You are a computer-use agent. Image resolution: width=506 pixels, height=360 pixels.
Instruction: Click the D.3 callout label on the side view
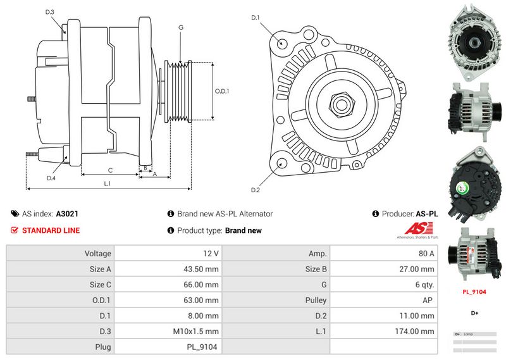pyautogui.click(x=50, y=12)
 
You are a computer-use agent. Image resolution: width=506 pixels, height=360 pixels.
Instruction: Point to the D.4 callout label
pyautogui.click(x=51, y=178)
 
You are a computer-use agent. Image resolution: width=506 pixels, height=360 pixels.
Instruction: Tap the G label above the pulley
pyautogui.click(x=181, y=27)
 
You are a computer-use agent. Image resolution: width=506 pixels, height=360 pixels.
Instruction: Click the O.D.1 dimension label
pyautogui.click(x=222, y=90)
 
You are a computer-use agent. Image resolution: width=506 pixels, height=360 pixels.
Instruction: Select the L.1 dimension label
pyautogui.click(x=108, y=183)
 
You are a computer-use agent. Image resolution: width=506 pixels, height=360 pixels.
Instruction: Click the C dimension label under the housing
pyautogui.click(x=110, y=170)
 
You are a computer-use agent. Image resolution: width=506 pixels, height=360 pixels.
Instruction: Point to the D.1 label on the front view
pyautogui.click(x=256, y=17)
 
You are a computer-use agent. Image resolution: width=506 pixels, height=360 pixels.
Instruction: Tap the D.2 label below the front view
pyautogui.click(x=256, y=190)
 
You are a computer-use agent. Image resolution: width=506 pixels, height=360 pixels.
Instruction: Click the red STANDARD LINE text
pyautogui.click(x=51, y=230)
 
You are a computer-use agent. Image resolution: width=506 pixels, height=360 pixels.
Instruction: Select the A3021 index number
pyautogui.click(x=67, y=214)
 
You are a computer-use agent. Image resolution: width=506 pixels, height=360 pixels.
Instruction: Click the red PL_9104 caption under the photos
pyautogui.click(x=474, y=292)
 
